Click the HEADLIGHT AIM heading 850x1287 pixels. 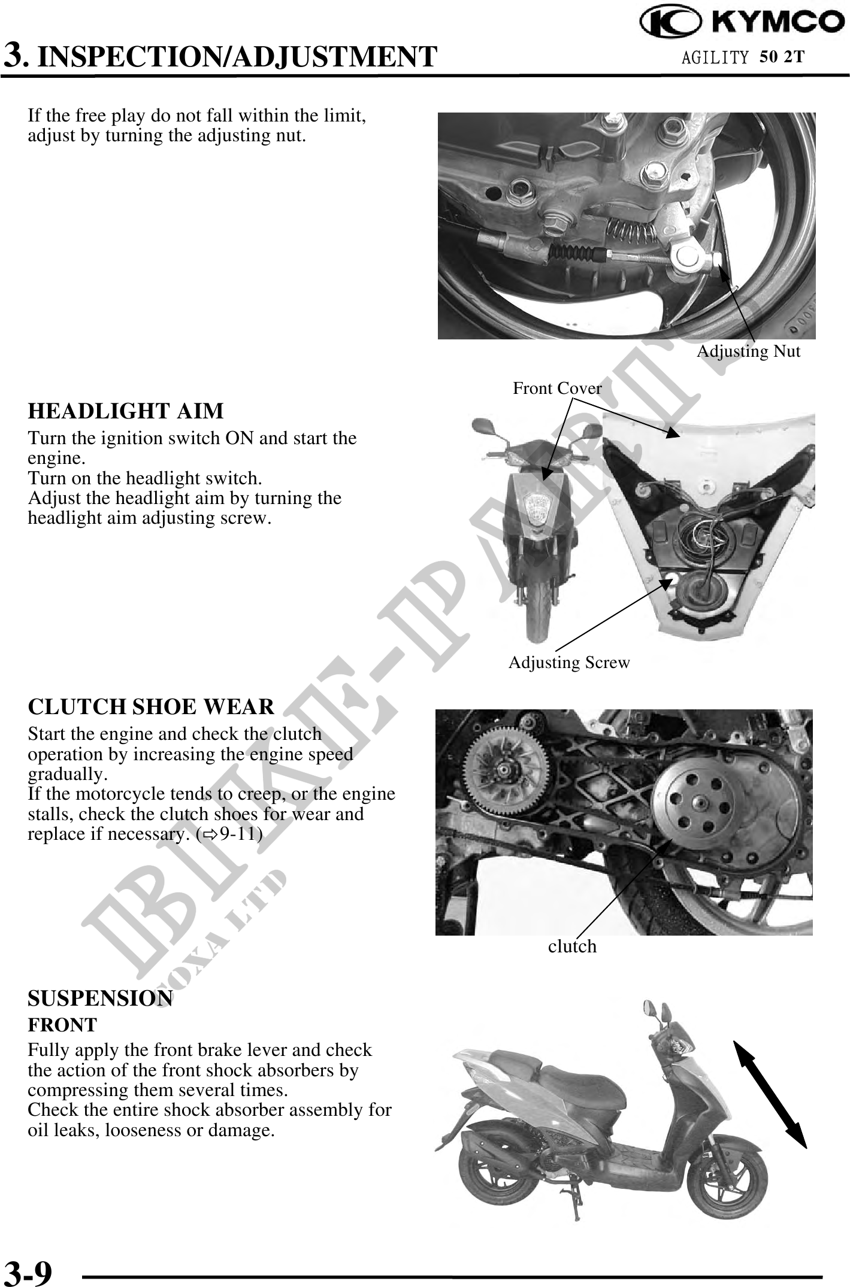126,411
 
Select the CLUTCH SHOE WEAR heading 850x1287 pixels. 151,707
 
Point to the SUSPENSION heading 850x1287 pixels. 101,998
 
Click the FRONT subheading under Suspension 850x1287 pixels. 62,1025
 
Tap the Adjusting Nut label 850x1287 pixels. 749,351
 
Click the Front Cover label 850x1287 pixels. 557,388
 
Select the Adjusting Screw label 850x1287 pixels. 569,663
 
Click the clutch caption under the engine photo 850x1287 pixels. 572,946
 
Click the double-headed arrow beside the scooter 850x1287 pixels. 770,1094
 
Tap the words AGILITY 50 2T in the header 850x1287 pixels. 743,57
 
